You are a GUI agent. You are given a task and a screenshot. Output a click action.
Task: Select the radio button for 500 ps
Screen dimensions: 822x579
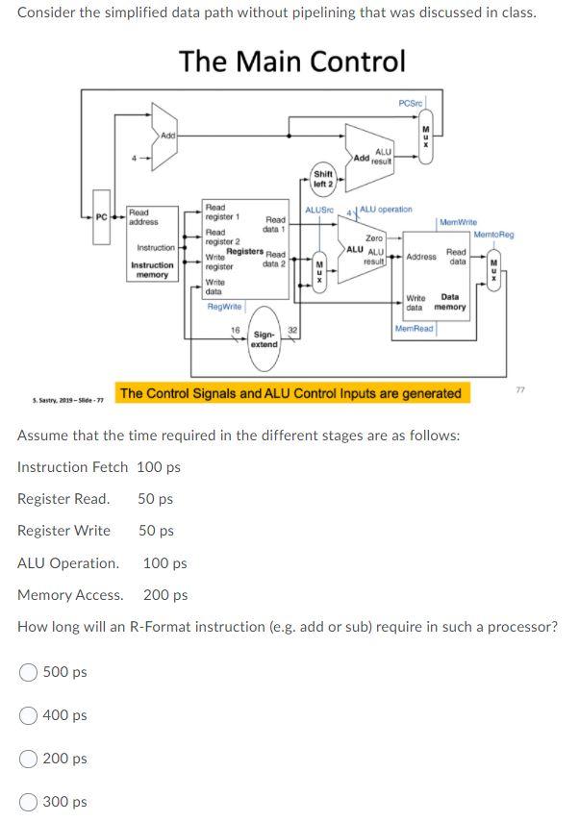pos(29,672)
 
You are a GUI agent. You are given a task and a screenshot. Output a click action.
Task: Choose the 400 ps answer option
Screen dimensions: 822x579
pos(29,715)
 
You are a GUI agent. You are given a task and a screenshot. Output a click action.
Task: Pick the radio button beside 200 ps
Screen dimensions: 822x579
pos(29,759)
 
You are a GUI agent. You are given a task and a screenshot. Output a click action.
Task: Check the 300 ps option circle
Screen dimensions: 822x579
pos(29,802)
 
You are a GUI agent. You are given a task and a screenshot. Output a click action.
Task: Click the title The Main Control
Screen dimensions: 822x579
pos(291,62)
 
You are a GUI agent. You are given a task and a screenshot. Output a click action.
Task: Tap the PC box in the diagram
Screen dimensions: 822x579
pos(102,216)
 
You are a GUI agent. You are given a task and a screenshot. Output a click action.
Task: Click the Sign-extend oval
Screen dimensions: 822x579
pos(264,338)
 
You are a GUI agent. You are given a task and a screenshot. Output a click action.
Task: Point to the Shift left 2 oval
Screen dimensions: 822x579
pos(323,179)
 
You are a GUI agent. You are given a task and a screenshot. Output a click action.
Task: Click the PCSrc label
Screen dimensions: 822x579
pos(412,103)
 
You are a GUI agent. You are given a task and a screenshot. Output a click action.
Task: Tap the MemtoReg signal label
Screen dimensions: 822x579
pos(493,235)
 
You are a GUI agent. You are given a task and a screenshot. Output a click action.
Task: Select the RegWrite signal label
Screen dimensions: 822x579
pos(225,306)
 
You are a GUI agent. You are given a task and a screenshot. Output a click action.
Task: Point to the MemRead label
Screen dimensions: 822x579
pos(415,329)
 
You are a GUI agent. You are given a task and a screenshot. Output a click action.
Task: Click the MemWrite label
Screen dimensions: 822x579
pos(458,222)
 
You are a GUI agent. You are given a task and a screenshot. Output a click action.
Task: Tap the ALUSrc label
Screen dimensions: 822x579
pos(318,209)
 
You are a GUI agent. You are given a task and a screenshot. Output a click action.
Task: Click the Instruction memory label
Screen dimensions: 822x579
pos(152,269)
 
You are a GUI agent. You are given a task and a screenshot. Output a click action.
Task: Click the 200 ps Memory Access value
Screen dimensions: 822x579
pos(165,595)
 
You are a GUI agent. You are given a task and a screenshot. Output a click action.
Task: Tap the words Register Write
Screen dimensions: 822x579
pos(63,531)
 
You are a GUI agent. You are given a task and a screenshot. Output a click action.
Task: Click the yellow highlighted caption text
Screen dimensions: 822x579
pos(290,393)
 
